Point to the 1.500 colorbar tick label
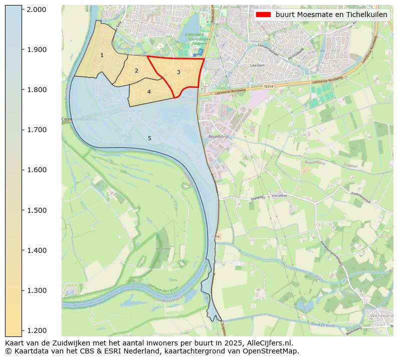(x=36, y=210)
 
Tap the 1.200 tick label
(x=36, y=330)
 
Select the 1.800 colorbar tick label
(x=36, y=90)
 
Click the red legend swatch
(x=263, y=15)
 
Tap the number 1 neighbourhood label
(x=102, y=55)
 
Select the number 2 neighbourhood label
(x=136, y=71)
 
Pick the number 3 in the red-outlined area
(x=178, y=72)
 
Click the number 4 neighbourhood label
(x=149, y=92)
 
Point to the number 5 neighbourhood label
(x=149, y=138)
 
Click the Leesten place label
(x=257, y=66)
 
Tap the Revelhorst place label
(x=219, y=136)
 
